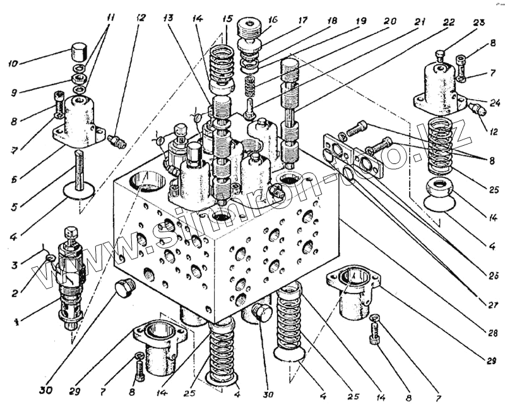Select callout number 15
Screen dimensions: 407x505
tap(225, 19)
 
